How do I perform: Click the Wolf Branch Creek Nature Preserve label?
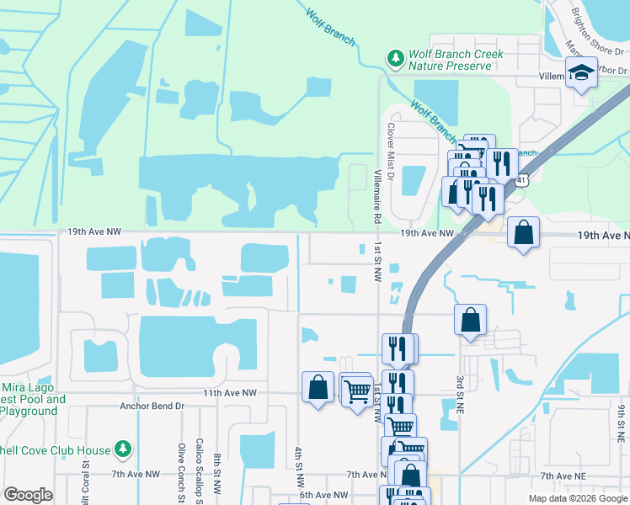coord(456,60)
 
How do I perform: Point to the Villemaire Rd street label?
coord(376,194)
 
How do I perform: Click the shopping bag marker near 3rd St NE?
coord(470,320)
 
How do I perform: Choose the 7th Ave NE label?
coord(563,476)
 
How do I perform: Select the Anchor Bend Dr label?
coord(152,406)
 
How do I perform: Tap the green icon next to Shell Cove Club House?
coord(123,449)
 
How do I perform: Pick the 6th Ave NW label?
coord(323,495)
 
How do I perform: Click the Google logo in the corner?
coord(28,495)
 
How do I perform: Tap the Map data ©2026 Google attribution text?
coord(578,498)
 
